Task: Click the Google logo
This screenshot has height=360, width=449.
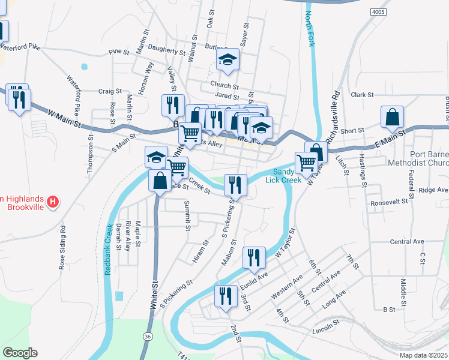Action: [20, 353]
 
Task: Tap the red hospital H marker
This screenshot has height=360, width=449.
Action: [53, 202]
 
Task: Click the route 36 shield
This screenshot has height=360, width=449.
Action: [148, 337]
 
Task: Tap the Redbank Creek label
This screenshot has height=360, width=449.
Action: [109, 249]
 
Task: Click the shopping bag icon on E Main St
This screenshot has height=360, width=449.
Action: [392, 118]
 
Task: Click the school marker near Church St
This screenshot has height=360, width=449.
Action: [228, 59]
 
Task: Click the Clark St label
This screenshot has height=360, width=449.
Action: [363, 95]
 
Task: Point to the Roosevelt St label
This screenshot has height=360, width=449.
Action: [388, 203]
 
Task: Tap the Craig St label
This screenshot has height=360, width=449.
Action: [110, 91]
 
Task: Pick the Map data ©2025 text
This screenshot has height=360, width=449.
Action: [423, 355]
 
